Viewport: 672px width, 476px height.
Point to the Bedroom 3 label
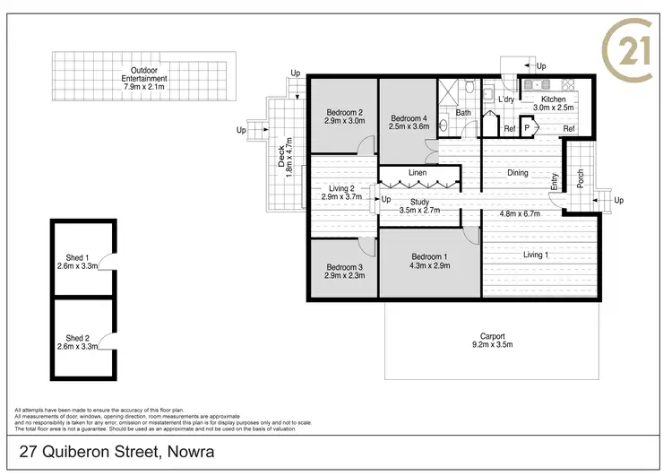pos(344,272)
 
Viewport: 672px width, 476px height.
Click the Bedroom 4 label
pos(409,123)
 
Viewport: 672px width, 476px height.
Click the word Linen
pos(418,172)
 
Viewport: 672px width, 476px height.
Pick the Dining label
pos(518,173)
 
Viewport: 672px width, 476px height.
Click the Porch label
pos(580,179)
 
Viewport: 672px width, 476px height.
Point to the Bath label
pos(463,113)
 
